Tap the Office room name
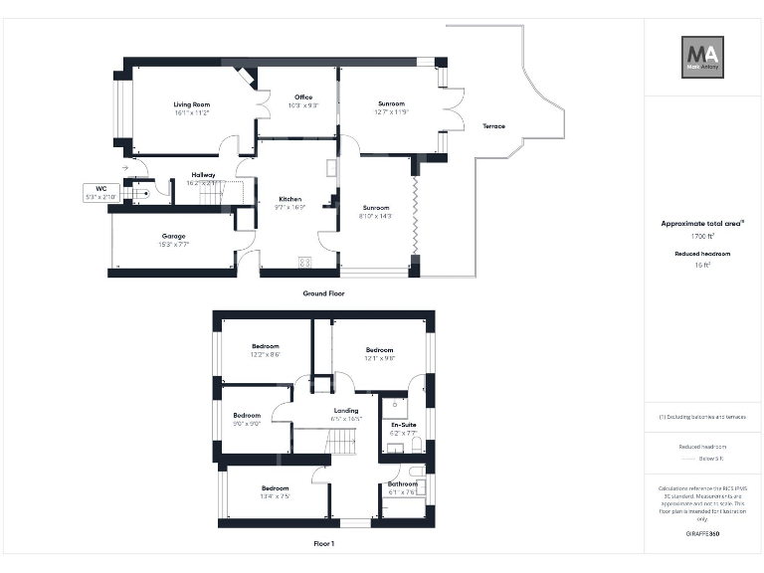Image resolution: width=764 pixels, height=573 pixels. point(302,97)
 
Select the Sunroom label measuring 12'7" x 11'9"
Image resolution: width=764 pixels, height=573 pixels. point(391,103)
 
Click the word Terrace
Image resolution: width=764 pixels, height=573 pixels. point(493,126)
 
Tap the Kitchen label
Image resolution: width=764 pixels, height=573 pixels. point(289,199)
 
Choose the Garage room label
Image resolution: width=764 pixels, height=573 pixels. point(174,236)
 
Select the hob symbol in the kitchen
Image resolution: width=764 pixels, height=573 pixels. point(304,262)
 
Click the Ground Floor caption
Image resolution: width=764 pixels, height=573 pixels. point(323,293)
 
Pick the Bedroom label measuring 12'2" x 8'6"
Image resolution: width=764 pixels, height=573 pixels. point(265,346)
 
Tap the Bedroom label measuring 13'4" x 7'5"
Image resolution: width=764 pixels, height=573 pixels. point(275,488)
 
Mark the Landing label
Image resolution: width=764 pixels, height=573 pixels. point(346,411)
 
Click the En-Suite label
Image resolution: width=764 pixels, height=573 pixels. point(403,425)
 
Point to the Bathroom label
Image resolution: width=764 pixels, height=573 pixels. point(403,484)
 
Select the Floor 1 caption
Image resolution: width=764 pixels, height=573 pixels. point(323,544)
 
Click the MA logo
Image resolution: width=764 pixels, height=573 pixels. point(702,58)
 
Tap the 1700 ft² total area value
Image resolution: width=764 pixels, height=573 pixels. point(702,237)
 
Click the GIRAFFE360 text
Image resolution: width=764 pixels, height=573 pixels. point(702,534)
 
